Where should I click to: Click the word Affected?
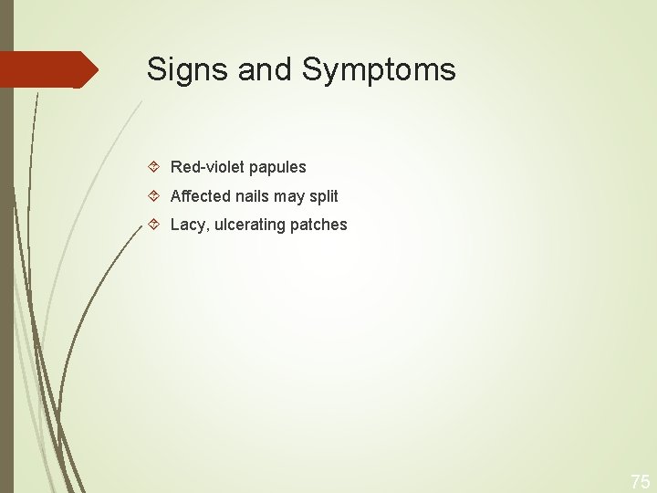click(201, 195)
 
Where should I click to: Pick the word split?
click(324, 196)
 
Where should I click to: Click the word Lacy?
click(186, 225)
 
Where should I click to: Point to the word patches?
click(318, 225)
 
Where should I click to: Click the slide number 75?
click(641, 481)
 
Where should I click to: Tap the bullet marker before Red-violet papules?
click(154, 167)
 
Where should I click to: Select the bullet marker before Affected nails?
click(154, 195)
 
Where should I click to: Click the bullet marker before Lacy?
click(154, 224)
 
